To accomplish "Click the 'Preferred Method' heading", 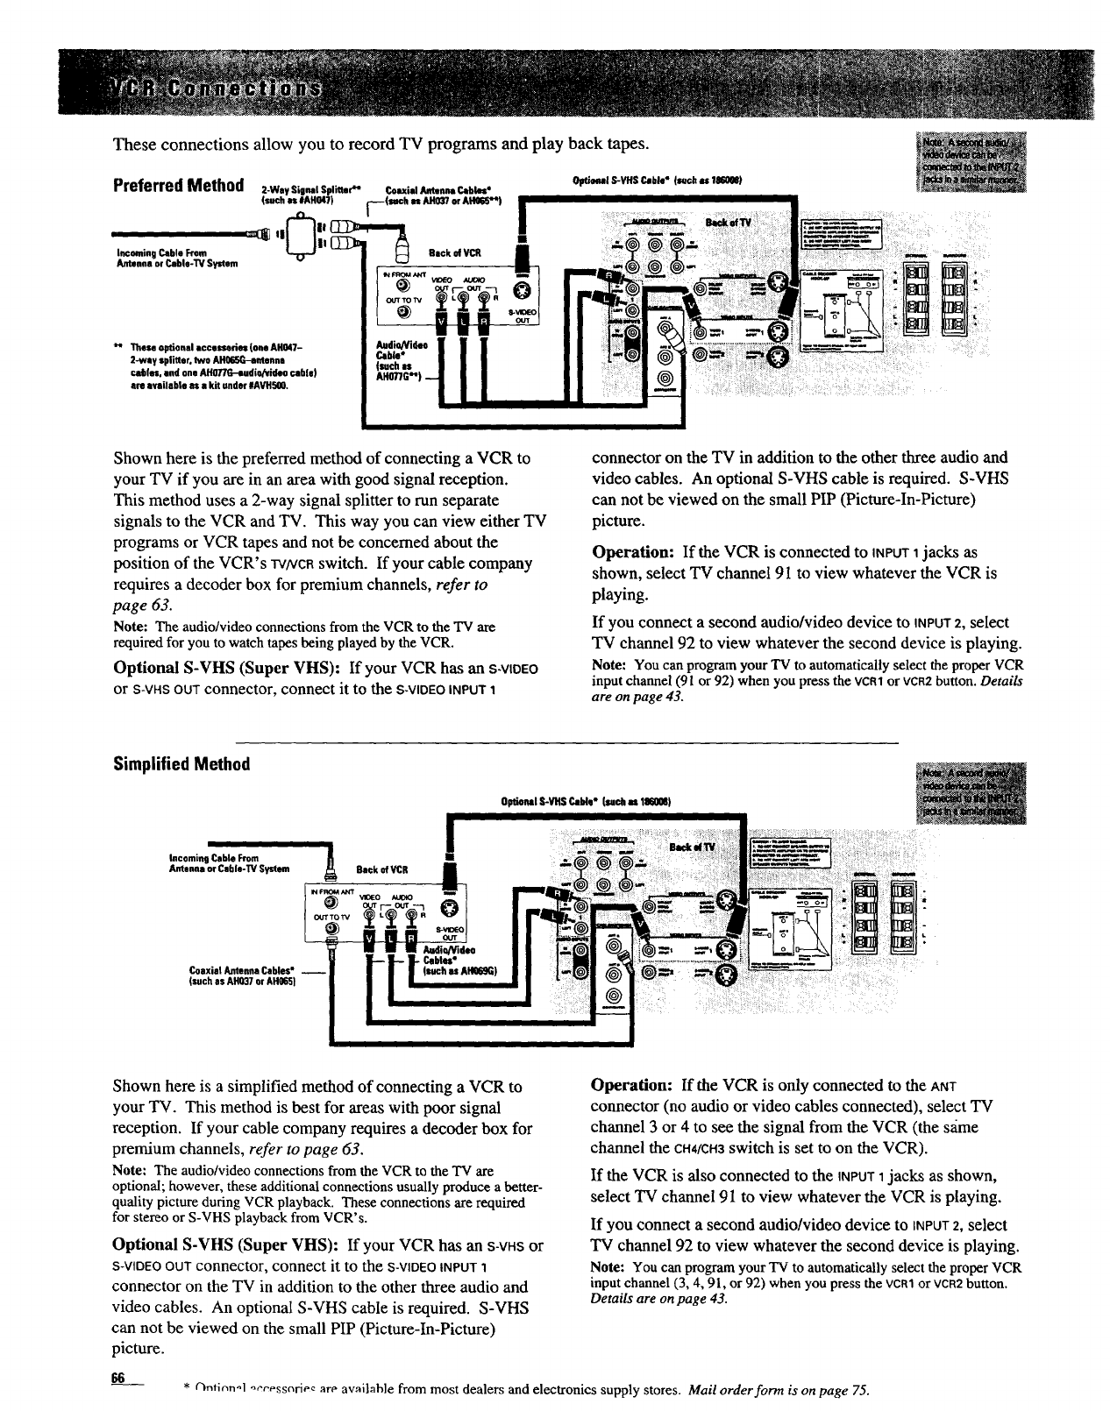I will pyautogui.click(x=178, y=186).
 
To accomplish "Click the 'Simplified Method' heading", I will pyautogui.click(x=181, y=764).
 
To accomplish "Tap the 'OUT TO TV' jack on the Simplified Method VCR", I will pyautogui.click(x=331, y=928).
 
